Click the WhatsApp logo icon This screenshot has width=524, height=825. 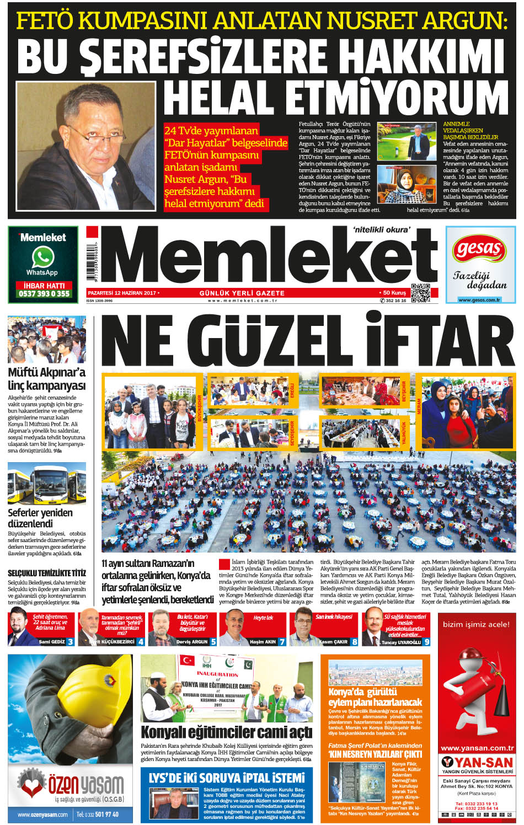pos(42,257)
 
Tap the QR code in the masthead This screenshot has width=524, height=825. pos(420,293)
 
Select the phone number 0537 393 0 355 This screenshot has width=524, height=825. pos(44,294)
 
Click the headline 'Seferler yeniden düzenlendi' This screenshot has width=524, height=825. pos(40,518)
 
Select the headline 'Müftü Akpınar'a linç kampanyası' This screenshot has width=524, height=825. pos(46,379)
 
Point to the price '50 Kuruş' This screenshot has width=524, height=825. pos(394,293)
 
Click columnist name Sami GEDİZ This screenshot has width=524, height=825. pos(52,642)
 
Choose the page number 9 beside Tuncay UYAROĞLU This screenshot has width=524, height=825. pos(426,642)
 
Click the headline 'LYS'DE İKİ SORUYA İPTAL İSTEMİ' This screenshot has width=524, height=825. pos(226,778)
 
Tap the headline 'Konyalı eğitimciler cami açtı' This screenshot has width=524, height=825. pos(226,732)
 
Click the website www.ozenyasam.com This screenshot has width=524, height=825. pos(42,815)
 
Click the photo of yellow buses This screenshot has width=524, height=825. pos(47,485)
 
